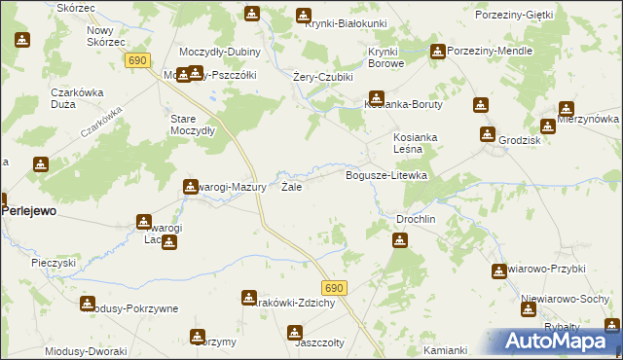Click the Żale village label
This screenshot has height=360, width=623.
click(x=291, y=186)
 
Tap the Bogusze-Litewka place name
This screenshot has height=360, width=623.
click(x=387, y=175)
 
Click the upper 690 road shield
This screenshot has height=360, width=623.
click(x=137, y=60)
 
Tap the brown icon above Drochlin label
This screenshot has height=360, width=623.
click(x=399, y=240)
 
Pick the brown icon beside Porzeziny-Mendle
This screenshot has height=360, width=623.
click(x=437, y=51)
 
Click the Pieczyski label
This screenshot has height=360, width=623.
click(x=54, y=263)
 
